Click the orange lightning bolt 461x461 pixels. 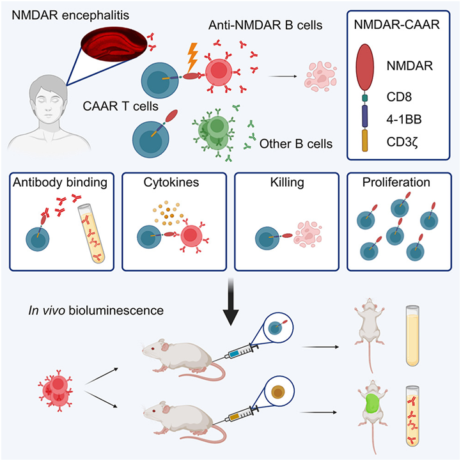192,58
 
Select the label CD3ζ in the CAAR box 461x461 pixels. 402,143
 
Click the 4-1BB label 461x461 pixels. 404,120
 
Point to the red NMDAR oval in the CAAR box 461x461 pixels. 365,67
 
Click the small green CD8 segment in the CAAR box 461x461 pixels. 365,98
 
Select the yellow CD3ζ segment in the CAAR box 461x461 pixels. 365,141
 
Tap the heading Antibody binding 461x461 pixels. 60,183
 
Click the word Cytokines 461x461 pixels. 171,182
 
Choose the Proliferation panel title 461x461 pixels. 396,182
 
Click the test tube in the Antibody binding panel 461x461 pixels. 91,234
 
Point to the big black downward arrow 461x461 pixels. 231,301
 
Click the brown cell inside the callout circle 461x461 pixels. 278,392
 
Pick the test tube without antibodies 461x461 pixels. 412,336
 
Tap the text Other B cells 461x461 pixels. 296,144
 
